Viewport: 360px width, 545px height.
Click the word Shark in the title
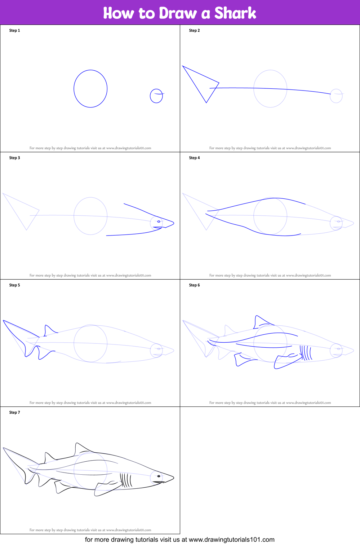[235, 13]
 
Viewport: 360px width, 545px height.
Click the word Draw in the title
[178, 13]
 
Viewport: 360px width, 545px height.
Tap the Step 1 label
[14, 31]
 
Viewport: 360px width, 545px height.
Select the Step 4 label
[194, 158]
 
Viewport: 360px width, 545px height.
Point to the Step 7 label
[14, 413]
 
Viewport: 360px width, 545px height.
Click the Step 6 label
[194, 285]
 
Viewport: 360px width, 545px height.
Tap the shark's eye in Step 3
[159, 221]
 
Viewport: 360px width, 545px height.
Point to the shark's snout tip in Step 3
[173, 224]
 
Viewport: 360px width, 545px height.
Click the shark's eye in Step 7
[159, 476]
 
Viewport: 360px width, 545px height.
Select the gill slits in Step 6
[306, 353]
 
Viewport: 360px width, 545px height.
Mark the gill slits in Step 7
[126, 480]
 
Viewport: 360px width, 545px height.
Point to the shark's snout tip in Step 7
[173, 478]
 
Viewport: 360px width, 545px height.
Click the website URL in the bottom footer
[231, 540]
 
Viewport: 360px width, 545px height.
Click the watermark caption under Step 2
[270, 148]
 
